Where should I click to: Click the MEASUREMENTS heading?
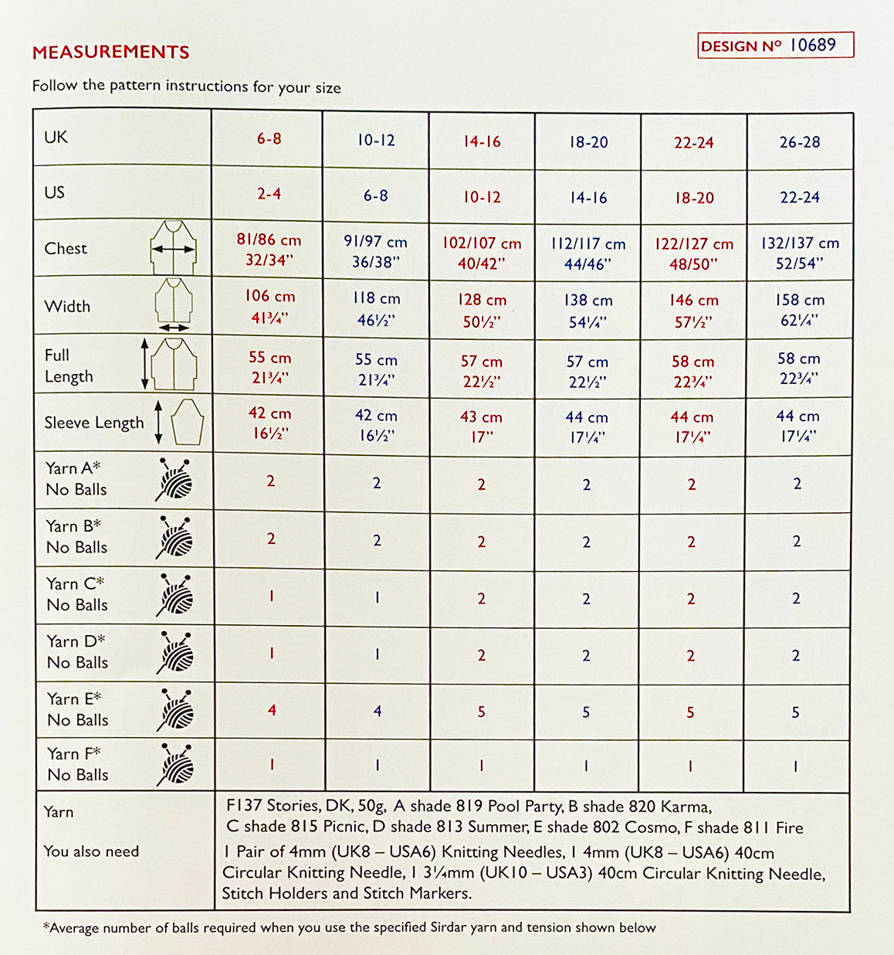tap(111, 53)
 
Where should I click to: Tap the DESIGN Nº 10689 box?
tap(775, 46)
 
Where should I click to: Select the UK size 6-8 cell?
tap(269, 139)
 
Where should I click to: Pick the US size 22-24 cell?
tap(799, 198)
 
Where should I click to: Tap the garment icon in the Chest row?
tap(174, 248)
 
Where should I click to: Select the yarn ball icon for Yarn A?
tap(175, 479)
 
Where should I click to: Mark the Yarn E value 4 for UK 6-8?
tap(272, 710)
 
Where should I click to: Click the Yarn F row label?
tap(77, 764)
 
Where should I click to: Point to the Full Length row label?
tap(69, 366)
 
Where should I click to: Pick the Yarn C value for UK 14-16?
tap(481, 599)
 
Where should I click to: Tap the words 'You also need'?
tap(91, 851)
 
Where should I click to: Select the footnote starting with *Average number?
tap(349, 927)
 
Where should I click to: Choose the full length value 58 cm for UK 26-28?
tap(798, 368)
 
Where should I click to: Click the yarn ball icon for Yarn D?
tap(175, 652)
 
